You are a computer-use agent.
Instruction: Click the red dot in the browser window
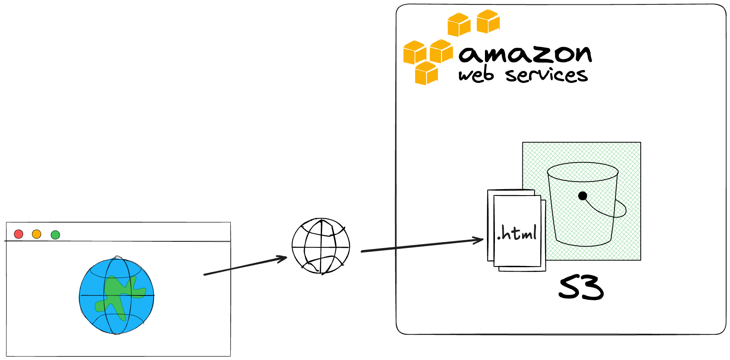tap(18, 234)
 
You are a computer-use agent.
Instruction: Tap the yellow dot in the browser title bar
tap(37, 234)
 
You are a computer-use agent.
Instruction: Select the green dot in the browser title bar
tap(55, 235)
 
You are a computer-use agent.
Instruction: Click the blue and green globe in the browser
tap(117, 295)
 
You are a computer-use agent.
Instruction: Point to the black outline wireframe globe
tap(321, 246)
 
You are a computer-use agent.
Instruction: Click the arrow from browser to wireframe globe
tap(245, 266)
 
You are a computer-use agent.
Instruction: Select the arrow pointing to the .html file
tap(422, 245)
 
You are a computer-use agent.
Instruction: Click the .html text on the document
tap(517, 233)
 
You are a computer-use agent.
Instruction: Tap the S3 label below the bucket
tap(581, 288)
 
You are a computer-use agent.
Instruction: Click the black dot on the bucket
tap(583, 196)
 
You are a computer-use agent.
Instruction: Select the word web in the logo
tap(476, 75)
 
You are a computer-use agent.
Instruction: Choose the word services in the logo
tap(547, 75)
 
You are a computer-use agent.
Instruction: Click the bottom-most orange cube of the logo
tap(426, 73)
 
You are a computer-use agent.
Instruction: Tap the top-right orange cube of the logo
tap(488, 22)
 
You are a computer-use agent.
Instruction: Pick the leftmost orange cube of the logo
tap(415, 53)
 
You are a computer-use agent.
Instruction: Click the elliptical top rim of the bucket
tap(583, 162)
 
